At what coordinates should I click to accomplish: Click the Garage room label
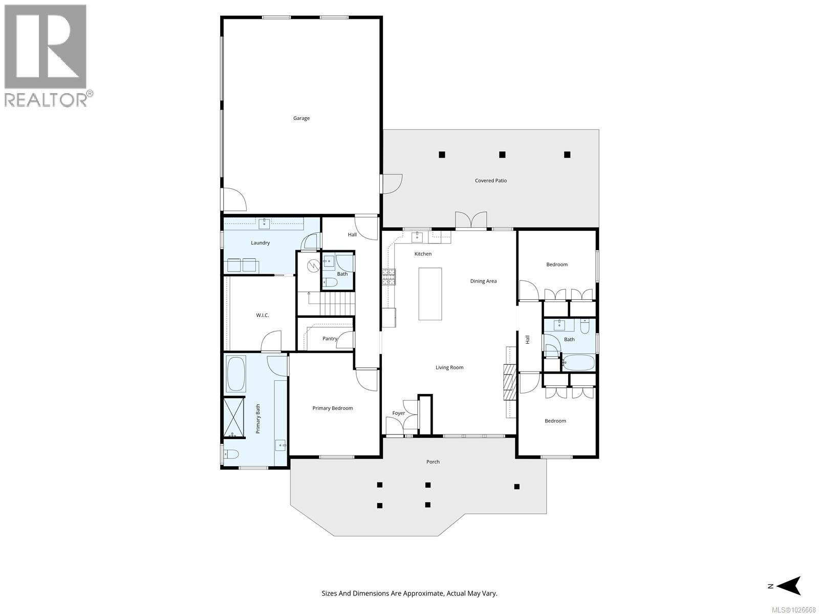301,118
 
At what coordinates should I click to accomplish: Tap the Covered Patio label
490,181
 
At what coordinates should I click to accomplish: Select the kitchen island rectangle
430,294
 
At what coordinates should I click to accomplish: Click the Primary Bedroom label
333,408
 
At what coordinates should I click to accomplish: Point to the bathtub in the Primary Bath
235,374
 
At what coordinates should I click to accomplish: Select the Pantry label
330,339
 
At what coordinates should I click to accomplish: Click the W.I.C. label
263,315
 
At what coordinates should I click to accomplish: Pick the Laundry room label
260,243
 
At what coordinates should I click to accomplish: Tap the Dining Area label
483,281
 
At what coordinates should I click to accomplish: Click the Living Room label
449,367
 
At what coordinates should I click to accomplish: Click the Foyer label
398,413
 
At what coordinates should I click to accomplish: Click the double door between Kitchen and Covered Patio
471,221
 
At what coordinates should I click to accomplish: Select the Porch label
433,462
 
